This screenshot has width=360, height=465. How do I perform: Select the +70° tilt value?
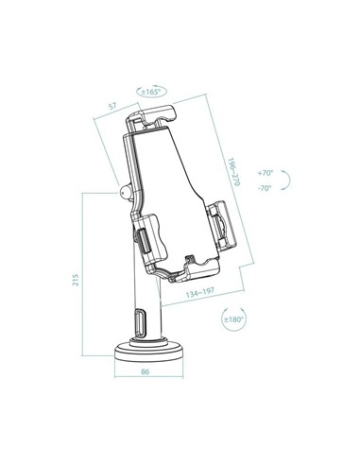(x=265, y=173)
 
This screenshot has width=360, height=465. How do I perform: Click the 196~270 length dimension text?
(x=231, y=168)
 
